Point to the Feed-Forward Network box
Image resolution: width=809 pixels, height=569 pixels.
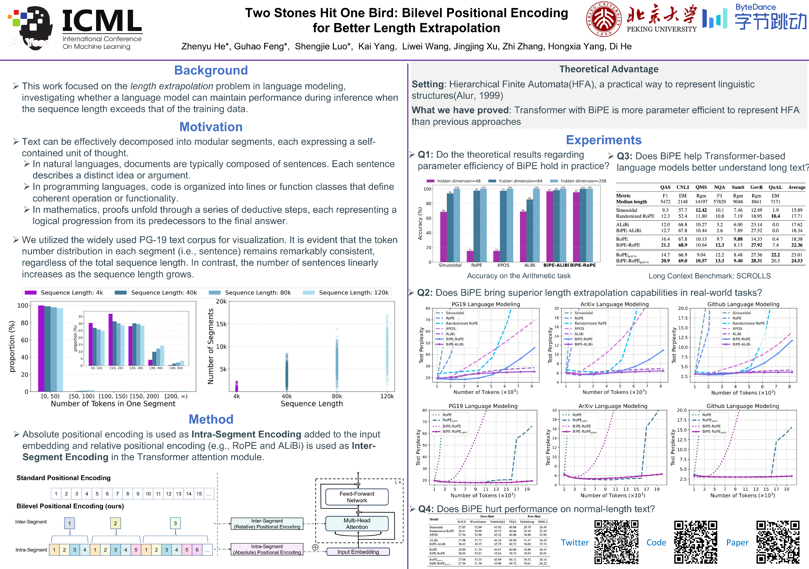point(357,497)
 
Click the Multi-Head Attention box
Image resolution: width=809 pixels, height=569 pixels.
point(357,524)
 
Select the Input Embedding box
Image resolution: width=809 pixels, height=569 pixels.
point(358,552)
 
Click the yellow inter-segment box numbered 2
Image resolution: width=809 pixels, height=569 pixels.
point(115,523)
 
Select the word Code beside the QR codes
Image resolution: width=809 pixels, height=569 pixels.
point(656,543)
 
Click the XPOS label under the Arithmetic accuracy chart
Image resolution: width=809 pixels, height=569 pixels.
point(503,265)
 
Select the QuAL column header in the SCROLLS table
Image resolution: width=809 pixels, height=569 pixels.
point(775,187)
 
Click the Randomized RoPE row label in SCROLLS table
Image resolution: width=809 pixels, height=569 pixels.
point(635,216)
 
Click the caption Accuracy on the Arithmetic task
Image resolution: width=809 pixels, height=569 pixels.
point(519,276)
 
